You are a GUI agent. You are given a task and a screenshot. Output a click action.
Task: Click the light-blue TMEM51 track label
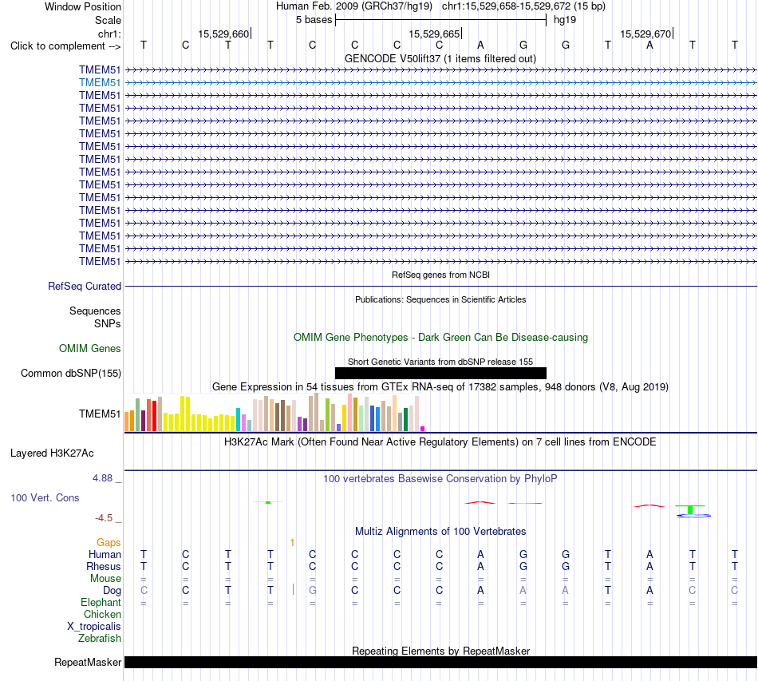pos(100,83)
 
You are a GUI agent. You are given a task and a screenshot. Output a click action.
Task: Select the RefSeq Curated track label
pos(85,287)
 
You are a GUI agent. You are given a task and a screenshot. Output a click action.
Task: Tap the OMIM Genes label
pos(90,348)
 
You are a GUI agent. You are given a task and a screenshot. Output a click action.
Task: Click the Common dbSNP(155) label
pos(71,374)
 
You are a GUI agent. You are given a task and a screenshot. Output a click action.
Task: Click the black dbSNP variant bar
pos(440,373)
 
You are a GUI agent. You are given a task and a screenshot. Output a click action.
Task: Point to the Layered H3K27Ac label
pos(52,453)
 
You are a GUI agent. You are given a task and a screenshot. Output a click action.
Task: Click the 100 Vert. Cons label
pos(45,497)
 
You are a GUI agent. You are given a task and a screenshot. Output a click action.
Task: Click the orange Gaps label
pos(109,543)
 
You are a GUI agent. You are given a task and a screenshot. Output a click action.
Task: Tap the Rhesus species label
pos(104,566)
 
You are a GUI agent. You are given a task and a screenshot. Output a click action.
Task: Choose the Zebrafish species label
pos(100,639)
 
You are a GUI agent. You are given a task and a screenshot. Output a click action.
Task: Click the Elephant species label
pos(101,602)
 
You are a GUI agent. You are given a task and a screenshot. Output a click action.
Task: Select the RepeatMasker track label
pos(88,662)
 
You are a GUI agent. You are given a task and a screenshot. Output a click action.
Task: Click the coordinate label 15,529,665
pos(434,34)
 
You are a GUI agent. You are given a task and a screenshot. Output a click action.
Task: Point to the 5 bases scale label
pos(314,20)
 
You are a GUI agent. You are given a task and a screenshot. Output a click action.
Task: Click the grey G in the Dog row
pos(313,590)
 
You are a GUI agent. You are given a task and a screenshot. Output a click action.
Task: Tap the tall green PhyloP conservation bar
pos(690,510)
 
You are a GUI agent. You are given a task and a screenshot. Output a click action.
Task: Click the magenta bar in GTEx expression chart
pos(423,429)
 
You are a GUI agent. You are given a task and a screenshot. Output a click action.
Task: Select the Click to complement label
pos(65,46)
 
